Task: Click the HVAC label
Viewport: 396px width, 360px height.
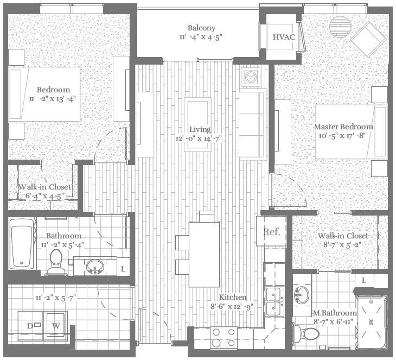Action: pos(283,37)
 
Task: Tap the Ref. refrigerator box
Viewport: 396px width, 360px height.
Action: pos(271,232)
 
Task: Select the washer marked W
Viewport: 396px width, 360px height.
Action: pos(56,326)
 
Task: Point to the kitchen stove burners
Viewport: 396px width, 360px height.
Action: pos(223,337)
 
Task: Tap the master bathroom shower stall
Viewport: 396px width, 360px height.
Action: pos(372,321)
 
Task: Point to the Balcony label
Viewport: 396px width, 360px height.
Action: pos(201,28)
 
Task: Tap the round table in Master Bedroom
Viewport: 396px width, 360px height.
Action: pos(340,24)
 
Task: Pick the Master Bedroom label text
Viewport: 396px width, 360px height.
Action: pos(344,127)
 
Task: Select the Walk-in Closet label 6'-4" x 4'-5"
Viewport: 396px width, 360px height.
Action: pos(45,195)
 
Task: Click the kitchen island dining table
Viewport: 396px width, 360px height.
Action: pos(204,254)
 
